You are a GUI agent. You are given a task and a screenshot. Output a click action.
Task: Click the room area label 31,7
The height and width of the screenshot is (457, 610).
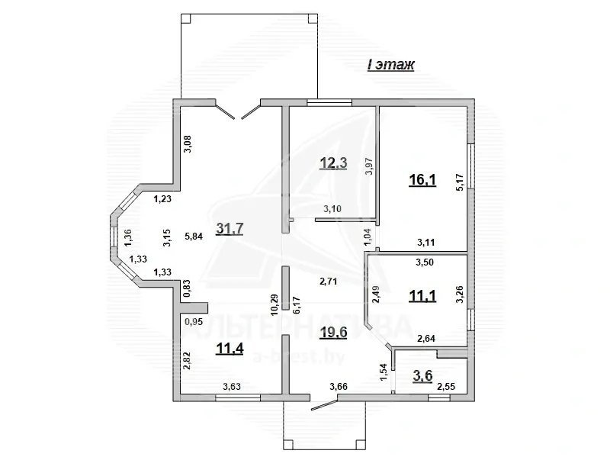(230, 229)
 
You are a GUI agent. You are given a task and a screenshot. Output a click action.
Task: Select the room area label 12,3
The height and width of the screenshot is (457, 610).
(333, 163)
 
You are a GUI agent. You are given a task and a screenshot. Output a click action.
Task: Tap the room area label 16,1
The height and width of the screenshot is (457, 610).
(422, 180)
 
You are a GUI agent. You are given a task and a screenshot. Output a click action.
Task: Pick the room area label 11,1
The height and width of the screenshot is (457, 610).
(422, 296)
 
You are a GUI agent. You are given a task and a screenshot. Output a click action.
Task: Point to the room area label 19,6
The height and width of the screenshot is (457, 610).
(333, 333)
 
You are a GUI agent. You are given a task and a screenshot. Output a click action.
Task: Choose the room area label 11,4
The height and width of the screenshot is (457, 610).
(230, 349)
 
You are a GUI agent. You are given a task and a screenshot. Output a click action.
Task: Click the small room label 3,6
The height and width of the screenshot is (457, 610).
(422, 376)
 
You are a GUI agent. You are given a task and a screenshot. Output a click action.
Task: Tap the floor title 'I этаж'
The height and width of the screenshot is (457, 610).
(390, 65)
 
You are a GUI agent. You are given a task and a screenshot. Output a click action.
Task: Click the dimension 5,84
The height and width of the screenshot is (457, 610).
(194, 236)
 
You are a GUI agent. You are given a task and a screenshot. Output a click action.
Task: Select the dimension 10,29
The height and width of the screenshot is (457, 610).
(274, 304)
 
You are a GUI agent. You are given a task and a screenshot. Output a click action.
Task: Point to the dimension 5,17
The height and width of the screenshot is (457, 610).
(460, 182)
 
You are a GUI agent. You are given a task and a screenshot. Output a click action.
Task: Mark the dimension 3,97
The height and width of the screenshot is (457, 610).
(370, 166)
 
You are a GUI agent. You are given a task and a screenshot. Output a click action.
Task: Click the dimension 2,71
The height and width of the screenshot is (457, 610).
(328, 281)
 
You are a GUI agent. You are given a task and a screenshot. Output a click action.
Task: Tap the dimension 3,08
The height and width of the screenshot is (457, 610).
(188, 143)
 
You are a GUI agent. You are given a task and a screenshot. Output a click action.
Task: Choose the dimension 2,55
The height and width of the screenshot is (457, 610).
(446, 387)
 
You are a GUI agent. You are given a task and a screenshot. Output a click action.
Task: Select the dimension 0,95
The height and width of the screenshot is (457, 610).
(194, 321)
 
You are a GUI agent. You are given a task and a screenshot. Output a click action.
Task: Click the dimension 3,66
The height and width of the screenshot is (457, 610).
(339, 387)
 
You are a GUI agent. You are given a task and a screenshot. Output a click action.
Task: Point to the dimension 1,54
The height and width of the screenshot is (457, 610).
(383, 372)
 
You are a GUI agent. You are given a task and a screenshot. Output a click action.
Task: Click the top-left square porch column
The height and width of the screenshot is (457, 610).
(186, 18)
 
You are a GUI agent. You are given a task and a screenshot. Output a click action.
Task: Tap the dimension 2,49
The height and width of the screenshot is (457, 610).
(376, 294)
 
